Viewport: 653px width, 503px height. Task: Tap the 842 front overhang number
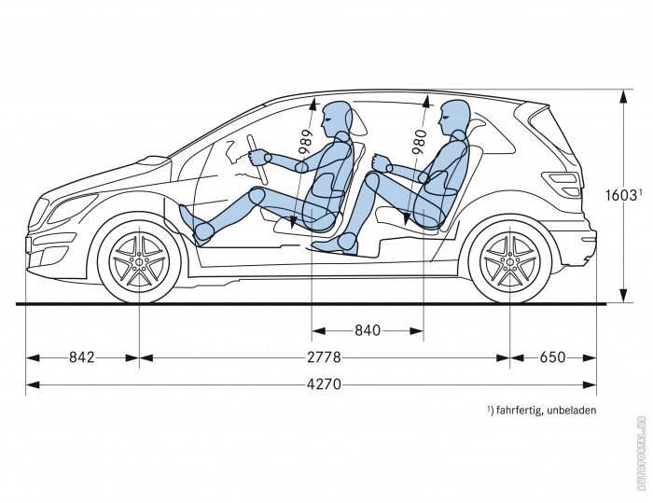pyautogui.click(x=82, y=356)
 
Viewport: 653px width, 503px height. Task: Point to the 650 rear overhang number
pyautogui.click(x=552, y=356)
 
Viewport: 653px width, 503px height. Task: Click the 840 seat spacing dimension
pyautogui.click(x=367, y=329)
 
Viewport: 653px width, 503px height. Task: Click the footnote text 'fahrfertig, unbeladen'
pyautogui.click(x=541, y=410)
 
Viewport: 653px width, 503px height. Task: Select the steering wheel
pyautogui.click(x=257, y=159)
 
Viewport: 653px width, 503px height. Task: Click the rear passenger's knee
pyautogui.click(x=373, y=180)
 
